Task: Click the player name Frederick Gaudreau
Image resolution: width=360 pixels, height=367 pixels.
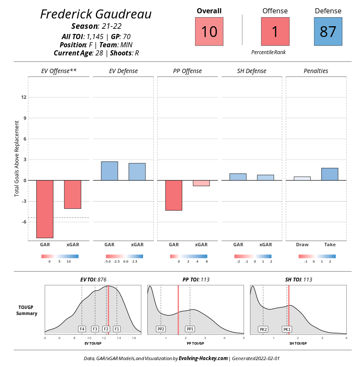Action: [x=96, y=14]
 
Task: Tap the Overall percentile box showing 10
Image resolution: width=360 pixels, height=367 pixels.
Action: [x=209, y=31]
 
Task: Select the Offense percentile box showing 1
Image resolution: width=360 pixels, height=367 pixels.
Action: [x=275, y=31]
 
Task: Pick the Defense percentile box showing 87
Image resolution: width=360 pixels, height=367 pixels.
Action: [x=328, y=31]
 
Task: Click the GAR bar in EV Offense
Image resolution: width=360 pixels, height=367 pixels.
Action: [x=45, y=209]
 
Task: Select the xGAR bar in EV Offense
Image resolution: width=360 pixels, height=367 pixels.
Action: [x=73, y=194]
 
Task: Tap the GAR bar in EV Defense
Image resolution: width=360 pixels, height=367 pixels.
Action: [x=109, y=171]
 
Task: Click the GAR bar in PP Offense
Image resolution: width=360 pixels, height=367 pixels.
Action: [x=174, y=195]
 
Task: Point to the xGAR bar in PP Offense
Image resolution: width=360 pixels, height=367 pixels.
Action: [x=201, y=183]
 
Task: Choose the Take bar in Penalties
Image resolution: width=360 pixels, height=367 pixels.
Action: [x=330, y=174]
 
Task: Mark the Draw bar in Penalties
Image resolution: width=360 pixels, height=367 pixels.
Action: [x=302, y=178]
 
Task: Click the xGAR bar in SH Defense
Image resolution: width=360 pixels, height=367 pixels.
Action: [x=265, y=177]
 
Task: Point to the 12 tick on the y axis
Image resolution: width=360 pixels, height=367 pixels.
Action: [x=24, y=97]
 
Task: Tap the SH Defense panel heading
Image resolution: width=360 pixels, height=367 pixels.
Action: [x=251, y=71]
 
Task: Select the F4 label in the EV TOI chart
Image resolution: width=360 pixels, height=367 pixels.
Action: [x=82, y=329]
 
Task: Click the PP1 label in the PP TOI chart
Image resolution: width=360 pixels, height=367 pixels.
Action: [x=190, y=329]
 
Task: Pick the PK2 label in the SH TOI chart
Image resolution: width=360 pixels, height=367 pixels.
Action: [x=263, y=329]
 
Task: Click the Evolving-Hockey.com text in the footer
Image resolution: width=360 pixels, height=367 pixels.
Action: [x=203, y=358]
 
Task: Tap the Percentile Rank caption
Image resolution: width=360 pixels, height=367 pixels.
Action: [x=268, y=52]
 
